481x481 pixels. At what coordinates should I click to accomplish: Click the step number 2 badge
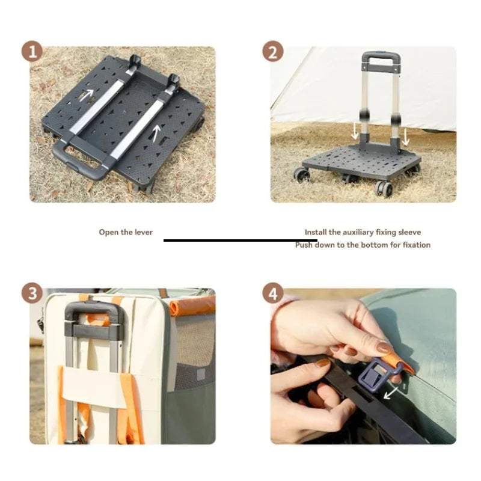point(272,52)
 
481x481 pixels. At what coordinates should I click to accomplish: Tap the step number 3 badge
point(32,294)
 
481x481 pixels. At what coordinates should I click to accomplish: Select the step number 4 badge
point(272,294)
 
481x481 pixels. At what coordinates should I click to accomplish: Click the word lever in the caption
point(143,232)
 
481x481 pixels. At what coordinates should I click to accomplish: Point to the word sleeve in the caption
point(409,232)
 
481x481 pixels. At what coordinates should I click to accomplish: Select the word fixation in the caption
point(415,245)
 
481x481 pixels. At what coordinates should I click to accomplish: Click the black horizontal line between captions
point(240,240)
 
